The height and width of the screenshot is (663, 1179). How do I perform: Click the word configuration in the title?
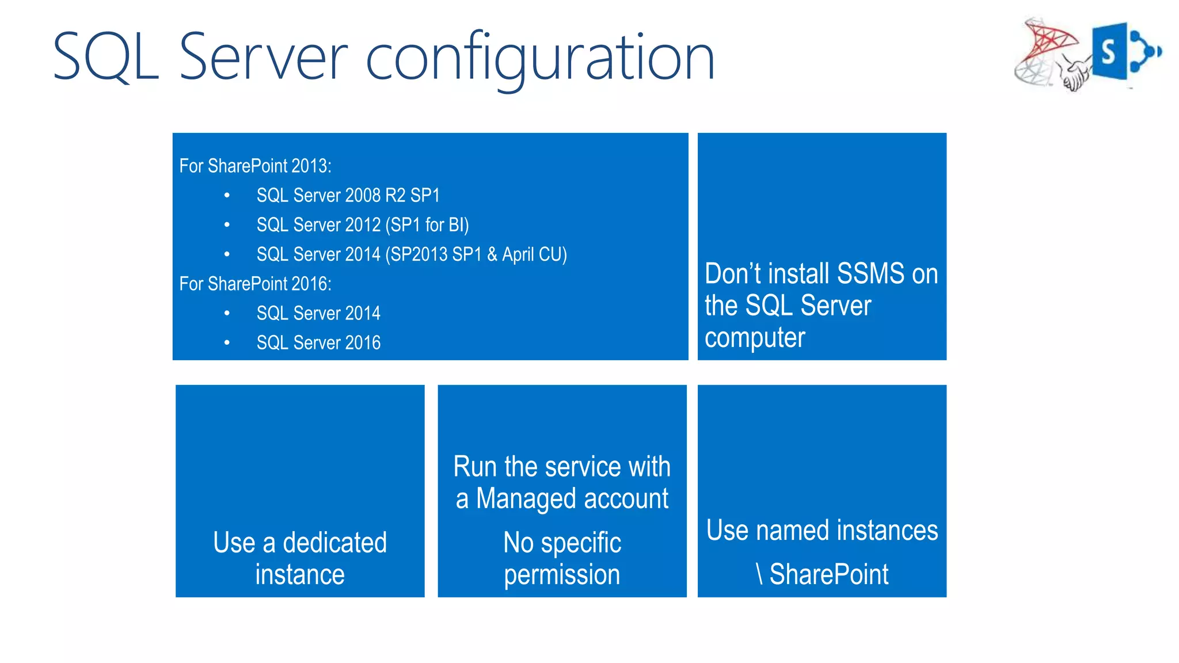(540, 58)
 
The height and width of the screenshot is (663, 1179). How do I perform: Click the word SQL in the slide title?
(106, 58)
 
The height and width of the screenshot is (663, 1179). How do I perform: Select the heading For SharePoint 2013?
(255, 166)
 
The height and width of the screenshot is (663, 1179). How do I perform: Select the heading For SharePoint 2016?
(255, 284)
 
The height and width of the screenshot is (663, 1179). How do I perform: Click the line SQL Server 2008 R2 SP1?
(348, 196)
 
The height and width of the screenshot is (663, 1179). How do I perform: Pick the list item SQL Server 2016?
(318, 343)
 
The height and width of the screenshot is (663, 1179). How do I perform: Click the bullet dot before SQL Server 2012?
(227, 225)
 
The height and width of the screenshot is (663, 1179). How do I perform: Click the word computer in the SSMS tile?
(754, 338)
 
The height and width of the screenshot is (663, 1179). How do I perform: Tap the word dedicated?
(334, 543)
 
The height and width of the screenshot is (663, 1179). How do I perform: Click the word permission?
(562, 575)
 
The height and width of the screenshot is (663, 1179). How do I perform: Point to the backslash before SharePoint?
(759, 574)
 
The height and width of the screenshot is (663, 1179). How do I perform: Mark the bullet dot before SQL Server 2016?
(227, 343)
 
